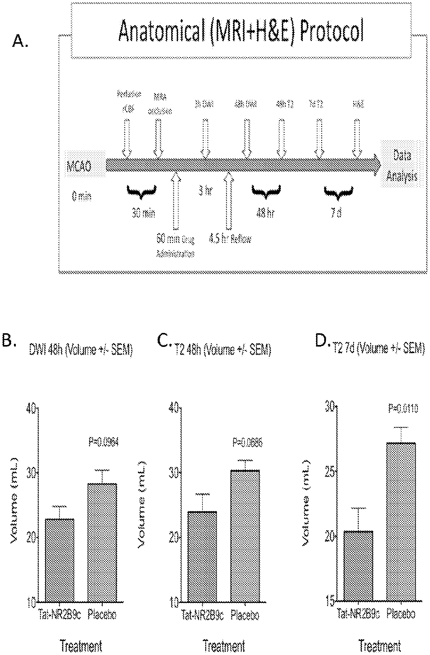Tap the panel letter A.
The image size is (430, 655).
click(x=20, y=41)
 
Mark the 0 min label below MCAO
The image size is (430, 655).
click(x=82, y=196)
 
